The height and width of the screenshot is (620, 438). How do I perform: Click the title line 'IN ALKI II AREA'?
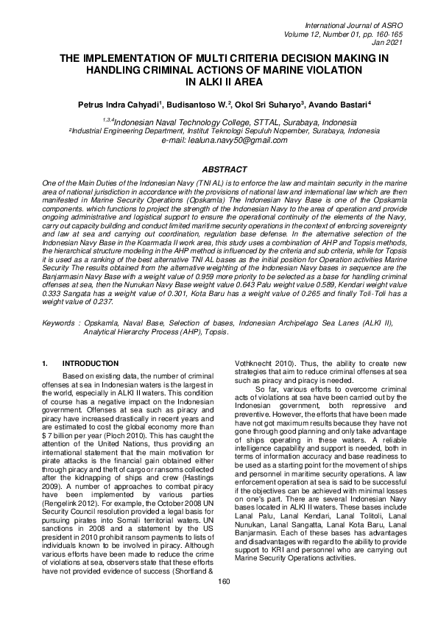click(x=219, y=82)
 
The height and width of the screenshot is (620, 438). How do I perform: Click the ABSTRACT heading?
click(x=219, y=169)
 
